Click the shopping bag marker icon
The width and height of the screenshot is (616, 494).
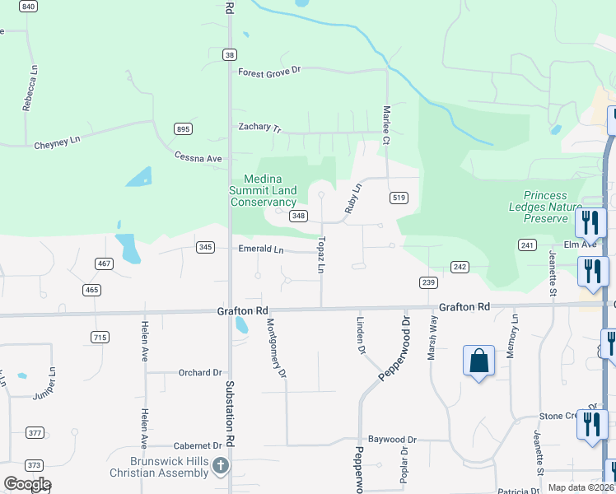pos(478,361)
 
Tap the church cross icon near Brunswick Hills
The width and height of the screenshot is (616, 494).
pos(220,466)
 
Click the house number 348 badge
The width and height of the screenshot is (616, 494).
pos(298,217)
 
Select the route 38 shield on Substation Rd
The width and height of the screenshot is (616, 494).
pos(229,54)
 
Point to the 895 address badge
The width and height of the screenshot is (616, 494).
pos(183,129)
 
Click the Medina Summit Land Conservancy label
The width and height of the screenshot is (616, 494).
pos(263,191)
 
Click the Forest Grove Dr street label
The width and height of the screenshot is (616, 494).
pos(270,72)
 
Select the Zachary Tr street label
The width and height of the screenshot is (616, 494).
pos(259,128)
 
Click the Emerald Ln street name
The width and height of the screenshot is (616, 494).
pos(260,249)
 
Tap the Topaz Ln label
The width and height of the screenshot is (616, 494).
pos(321,255)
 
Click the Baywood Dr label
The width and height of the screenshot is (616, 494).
pos(392,440)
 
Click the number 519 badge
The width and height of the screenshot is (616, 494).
pos(399,198)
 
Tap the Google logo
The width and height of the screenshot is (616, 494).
pos(27,484)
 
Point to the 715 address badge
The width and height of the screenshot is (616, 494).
pos(100,338)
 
